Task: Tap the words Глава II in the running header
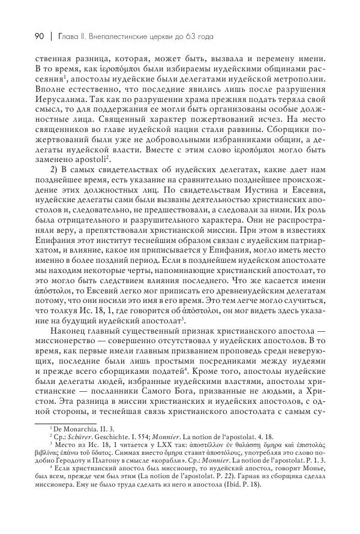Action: [68, 37]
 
